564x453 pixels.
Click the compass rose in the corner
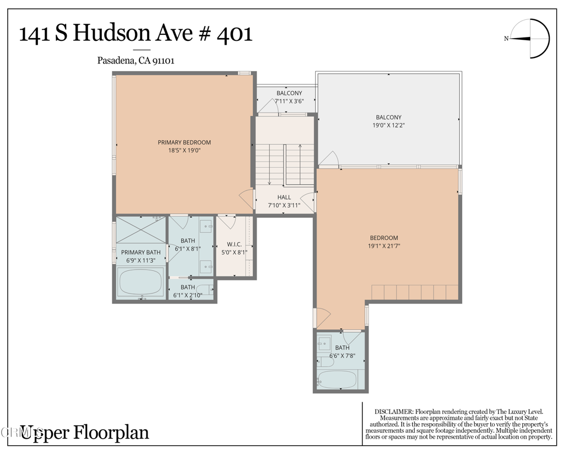tap(530, 39)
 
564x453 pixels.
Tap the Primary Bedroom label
tap(184, 142)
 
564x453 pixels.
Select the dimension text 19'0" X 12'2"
tap(388, 125)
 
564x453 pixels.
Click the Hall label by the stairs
tap(284, 197)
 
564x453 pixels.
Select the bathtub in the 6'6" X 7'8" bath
tap(337, 380)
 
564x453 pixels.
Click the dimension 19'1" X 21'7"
tap(384, 246)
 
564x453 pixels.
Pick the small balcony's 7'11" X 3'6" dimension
tap(289, 102)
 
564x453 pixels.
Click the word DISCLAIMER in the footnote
tap(393, 412)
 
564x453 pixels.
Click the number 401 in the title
tap(235, 34)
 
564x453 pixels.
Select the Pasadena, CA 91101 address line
tap(135, 61)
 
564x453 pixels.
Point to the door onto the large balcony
tap(330, 159)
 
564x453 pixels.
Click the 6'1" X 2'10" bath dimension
tap(188, 295)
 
